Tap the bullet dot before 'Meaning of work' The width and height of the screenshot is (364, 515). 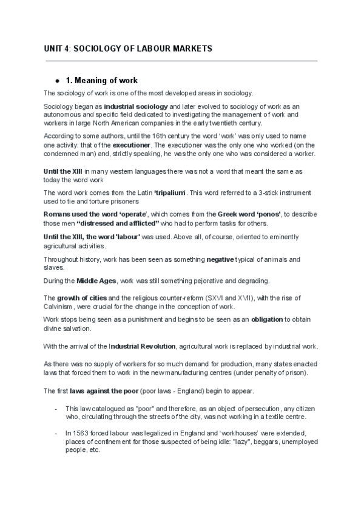click(x=56, y=80)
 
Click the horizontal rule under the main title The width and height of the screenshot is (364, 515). click(x=180, y=61)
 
